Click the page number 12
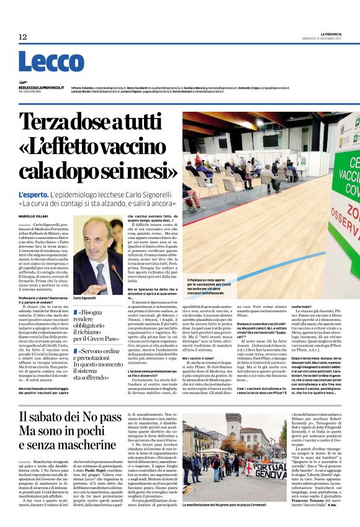coord(23,37)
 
